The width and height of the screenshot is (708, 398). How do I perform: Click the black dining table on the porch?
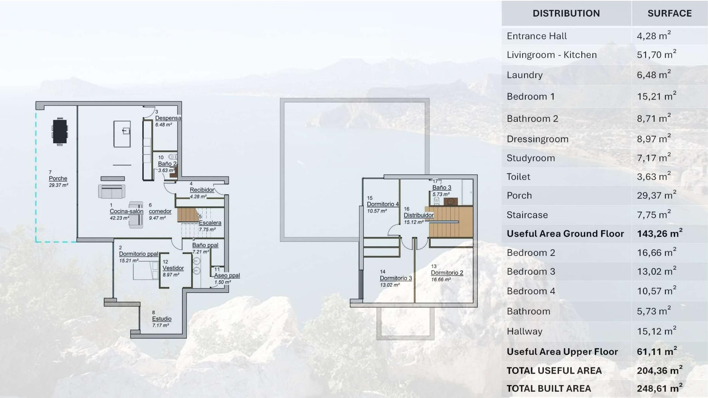[60, 132]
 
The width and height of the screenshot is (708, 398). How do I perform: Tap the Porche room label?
[58, 178]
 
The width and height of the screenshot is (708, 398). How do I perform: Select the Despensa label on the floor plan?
[168, 118]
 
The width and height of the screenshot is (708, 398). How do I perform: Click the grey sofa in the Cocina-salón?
[112, 191]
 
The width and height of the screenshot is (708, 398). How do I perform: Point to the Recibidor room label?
[202, 190]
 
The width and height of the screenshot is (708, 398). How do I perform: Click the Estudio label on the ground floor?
[162, 319]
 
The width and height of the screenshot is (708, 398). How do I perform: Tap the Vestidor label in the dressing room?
[173, 268]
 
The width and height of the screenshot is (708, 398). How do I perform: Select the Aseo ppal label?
[227, 275]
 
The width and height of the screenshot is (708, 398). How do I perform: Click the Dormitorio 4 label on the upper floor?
[383, 204]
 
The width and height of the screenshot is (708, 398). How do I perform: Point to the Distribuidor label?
[419, 215]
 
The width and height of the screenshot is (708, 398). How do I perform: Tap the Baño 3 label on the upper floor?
[442, 188]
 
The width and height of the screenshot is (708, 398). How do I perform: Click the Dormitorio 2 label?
[447, 273]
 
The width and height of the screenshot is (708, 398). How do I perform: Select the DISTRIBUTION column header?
[566, 13]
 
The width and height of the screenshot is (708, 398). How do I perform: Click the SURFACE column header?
[669, 13]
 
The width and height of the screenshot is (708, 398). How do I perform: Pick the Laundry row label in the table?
[524, 75]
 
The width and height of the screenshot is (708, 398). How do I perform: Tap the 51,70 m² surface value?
[656, 55]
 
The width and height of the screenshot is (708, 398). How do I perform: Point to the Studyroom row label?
[531, 158]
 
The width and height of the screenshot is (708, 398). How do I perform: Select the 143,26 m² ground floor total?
[659, 234]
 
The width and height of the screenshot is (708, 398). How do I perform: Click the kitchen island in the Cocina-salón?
[122, 134]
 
